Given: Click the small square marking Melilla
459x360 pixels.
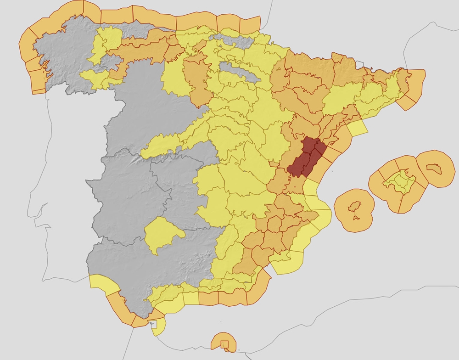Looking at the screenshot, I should coord(224,344).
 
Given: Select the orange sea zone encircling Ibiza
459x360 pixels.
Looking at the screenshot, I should coord(344,216).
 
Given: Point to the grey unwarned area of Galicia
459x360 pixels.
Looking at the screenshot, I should coord(60,55).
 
